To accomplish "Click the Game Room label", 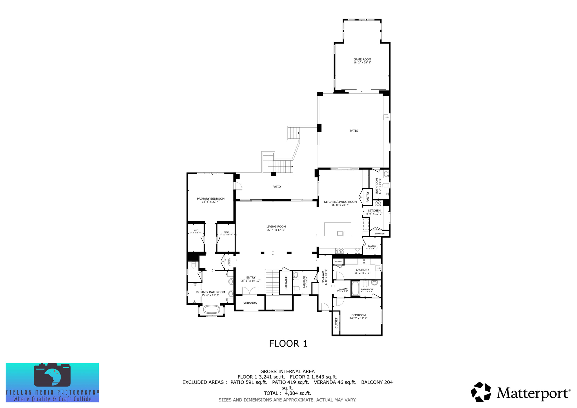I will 362,59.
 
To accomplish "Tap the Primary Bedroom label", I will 210,199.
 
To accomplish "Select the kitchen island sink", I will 340,233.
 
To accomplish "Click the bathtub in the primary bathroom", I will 211,309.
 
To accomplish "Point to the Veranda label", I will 250,303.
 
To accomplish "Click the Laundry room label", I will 362,270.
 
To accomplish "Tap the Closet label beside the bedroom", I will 336,323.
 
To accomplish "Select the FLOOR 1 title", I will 288,343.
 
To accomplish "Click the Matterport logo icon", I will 481,392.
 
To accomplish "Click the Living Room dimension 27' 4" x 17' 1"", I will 276,230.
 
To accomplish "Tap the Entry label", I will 250,277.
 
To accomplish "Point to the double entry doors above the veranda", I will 250,291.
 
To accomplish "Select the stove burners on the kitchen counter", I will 339,251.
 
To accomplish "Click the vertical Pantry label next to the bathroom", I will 367,197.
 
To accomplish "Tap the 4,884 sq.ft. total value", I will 298,393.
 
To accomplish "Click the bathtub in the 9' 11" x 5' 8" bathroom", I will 355,288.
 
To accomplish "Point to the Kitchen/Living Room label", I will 340,202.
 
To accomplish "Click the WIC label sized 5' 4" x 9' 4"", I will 196,230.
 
